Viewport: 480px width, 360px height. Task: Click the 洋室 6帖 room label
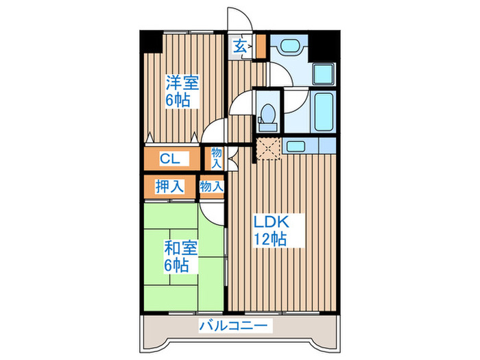click(x=182, y=91)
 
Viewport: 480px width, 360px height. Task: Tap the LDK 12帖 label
click(x=271, y=230)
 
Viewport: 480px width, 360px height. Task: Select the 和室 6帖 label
click(x=180, y=256)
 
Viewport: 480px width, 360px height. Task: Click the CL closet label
click(x=170, y=159)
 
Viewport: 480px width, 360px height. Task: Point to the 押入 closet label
click(x=169, y=186)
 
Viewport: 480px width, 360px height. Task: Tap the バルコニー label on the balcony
click(x=233, y=326)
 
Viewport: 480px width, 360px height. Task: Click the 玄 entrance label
click(x=240, y=47)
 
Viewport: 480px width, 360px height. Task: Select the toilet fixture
click(x=269, y=118)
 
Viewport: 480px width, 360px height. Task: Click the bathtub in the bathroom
click(x=324, y=111)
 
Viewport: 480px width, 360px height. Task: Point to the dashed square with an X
click(x=269, y=148)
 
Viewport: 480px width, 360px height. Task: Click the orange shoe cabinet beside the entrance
click(x=261, y=47)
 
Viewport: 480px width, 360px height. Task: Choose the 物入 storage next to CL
click(x=216, y=158)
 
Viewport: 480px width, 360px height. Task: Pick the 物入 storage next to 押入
click(x=211, y=186)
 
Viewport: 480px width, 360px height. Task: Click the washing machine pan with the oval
click(x=289, y=46)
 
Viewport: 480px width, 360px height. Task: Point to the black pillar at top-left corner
click(x=152, y=41)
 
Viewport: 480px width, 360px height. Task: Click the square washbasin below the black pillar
click(x=324, y=74)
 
